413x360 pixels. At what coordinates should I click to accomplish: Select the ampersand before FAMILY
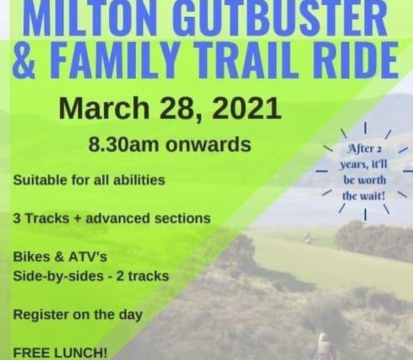pos(24,60)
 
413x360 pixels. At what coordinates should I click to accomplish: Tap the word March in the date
pos(105,108)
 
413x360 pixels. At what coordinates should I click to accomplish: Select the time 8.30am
pos(124,144)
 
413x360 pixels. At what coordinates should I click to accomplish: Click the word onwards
pos(208,145)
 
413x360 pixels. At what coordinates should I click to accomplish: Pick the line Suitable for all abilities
pos(89,181)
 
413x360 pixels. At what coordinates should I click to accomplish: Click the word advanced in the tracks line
pos(118,218)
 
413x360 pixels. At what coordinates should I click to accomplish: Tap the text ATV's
pos(88,257)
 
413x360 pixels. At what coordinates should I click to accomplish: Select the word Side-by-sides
pos(58,276)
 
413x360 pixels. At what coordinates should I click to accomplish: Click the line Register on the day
pos(77,315)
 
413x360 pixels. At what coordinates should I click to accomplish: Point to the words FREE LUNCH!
pos(60,353)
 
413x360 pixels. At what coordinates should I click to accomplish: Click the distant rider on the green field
pos(308,238)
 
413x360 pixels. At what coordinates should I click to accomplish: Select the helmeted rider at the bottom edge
pos(323,346)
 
